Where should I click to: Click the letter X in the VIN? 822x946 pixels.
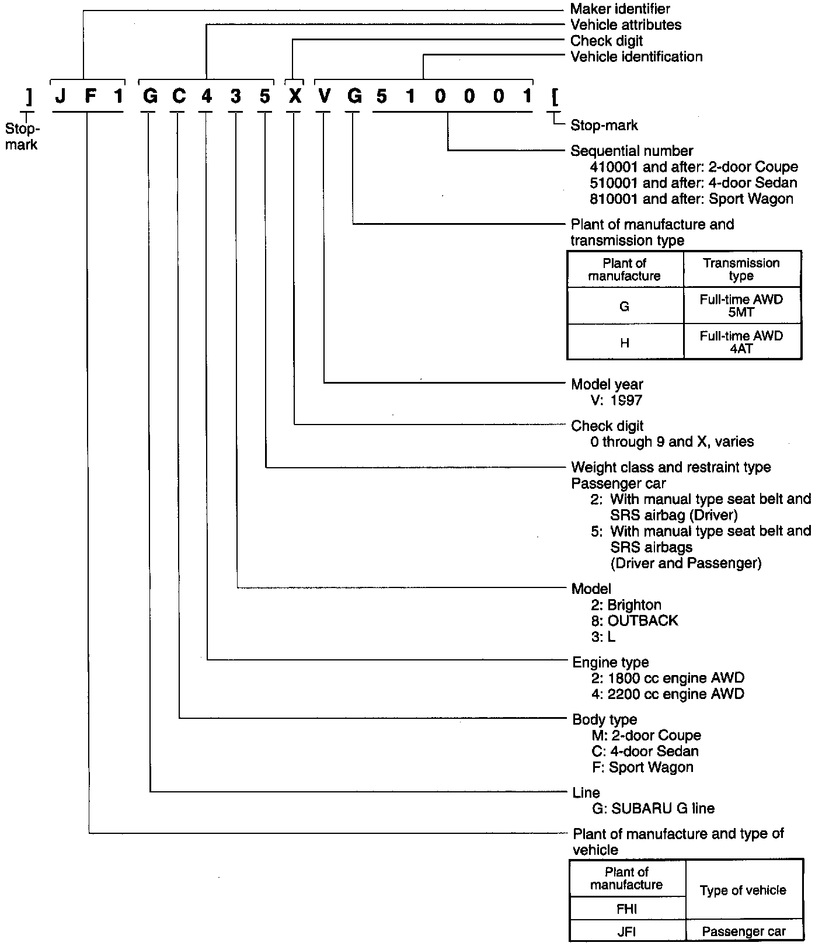pos(295,96)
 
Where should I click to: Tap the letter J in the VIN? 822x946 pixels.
pos(61,96)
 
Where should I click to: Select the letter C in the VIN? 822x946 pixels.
pos(178,96)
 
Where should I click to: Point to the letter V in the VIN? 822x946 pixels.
pos(324,96)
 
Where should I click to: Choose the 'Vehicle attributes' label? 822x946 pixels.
pos(626,25)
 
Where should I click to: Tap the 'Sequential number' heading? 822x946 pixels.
pos(632,151)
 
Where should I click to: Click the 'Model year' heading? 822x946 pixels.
pos(607,384)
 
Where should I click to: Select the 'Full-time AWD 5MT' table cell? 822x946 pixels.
pos(741,305)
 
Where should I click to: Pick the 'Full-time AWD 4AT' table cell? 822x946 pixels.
pos(741,342)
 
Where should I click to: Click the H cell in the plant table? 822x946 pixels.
pos(625,343)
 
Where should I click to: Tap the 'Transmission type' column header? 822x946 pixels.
pos(741,269)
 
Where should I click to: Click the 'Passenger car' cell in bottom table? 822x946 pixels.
pos(744,932)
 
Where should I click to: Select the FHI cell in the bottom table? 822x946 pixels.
pos(626,909)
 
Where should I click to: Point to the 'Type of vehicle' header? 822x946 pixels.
pos(743,891)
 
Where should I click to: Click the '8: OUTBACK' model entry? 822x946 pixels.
pos(635,620)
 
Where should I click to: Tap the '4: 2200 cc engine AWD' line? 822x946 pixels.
pos(668,694)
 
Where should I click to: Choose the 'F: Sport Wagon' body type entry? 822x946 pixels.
pos(642,767)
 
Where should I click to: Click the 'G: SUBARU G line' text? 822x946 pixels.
pos(653,808)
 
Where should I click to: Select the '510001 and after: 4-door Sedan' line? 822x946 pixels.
pos(694,183)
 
